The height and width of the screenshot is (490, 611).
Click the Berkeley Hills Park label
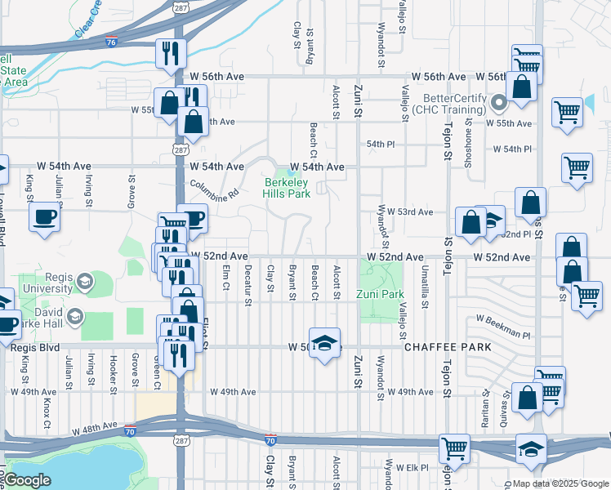pyautogui.click(x=286, y=188)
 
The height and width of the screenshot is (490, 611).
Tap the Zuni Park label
pyautogui.click(x=380, y=294)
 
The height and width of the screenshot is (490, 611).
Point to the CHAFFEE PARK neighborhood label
pyautogui.click(x=448, y=347)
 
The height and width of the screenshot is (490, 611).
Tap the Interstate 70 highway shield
pyautogui.click(x=270, y=440)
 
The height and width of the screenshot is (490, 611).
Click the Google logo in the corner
pyautogui.click(x=26, y=480)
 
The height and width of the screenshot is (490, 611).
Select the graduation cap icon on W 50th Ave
pyautogui.click(x=324, y=342)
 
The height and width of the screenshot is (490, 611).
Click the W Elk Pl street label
pyautogui.click(x=413, y=467)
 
